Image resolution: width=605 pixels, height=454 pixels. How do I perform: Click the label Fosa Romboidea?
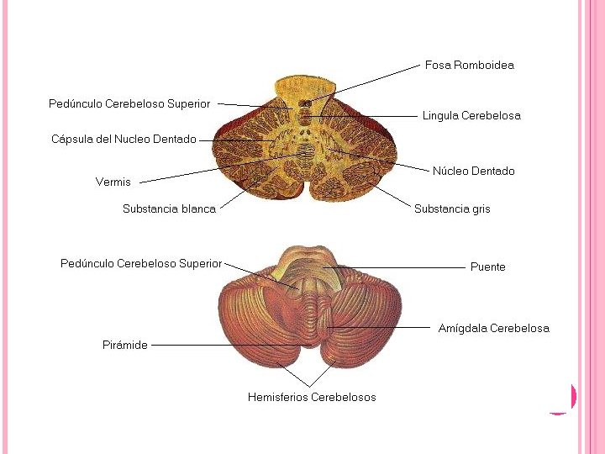click(469, 65)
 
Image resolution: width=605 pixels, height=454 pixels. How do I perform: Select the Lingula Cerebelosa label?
click(471, 116)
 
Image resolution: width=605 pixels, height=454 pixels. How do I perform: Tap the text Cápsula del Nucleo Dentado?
click(124, 140)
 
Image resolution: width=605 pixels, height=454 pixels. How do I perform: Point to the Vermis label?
click(113, 182)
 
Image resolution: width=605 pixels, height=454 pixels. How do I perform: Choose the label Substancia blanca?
click(169, 209)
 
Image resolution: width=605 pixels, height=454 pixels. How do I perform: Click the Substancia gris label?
click(452, 209)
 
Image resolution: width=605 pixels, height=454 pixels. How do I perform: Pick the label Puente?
click(487, 267)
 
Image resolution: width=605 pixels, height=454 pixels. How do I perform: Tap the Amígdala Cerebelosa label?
click(493, 328)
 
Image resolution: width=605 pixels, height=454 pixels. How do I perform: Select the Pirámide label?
click(125, 345)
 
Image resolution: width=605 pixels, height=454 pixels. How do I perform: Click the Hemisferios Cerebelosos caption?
click(312, 397)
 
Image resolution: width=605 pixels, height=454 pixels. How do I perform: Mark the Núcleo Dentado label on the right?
click(473, 171)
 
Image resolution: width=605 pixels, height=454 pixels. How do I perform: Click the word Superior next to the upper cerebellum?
click(189, 103)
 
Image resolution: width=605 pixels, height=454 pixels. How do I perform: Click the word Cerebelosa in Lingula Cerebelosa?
click(492, 116)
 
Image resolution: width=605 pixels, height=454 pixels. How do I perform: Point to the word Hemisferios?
click(277, 397)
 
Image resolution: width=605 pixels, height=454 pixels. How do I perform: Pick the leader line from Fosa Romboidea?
click(370, 82)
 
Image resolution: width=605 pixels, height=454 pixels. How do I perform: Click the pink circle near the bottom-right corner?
click(565, 397)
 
